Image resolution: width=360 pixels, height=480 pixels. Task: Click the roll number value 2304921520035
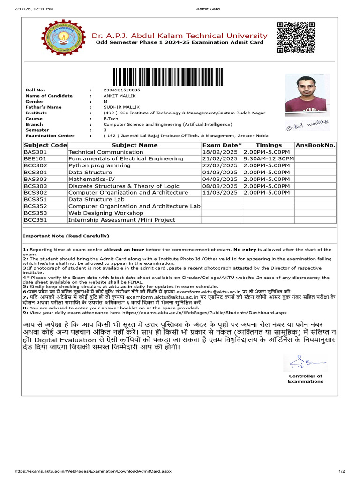click(121, 90)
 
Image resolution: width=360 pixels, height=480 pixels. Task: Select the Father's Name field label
click(43, 107)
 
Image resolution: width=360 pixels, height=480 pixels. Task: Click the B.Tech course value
click(111, 119)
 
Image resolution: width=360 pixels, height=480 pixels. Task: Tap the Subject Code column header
click(45, 145)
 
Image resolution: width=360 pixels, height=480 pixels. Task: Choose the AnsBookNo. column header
click(316, 145)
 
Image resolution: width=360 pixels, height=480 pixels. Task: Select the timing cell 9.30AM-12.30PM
click(269, 159)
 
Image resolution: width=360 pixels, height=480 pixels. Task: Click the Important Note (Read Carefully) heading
click(66, 236)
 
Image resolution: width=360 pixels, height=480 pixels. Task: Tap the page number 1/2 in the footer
click(341, 471)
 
